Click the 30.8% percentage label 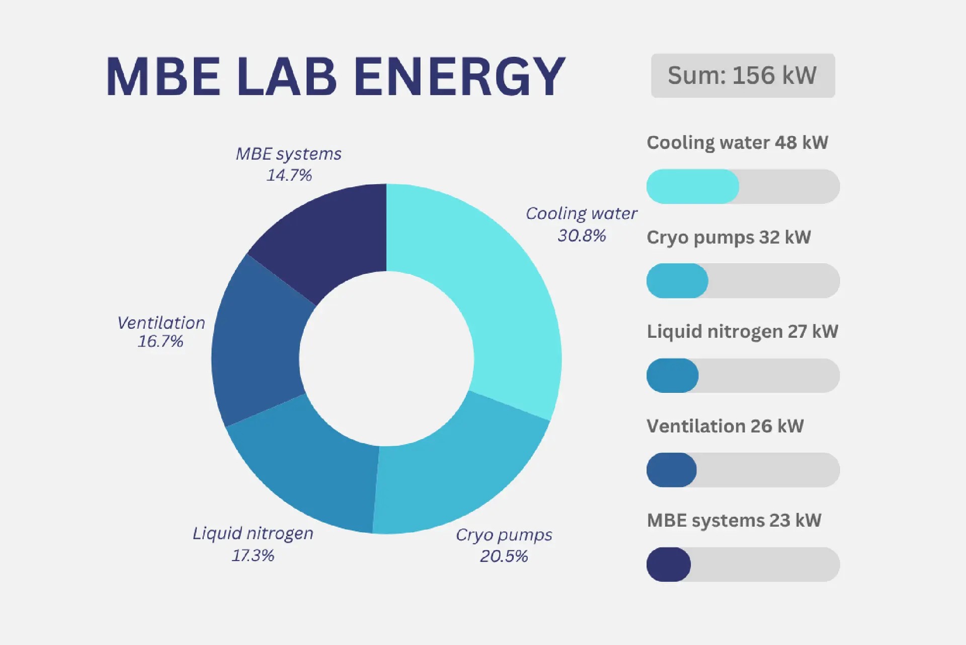click(x=582, y=235)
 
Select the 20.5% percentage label click(x=504, y=556)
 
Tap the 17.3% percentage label click(x=253, y=555)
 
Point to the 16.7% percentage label click(x=160, y=341)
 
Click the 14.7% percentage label click(x=289, y=175)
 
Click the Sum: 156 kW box click(x=743, y=76)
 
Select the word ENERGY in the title click(x=459, y=77)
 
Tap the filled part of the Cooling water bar click(x=693, y=186)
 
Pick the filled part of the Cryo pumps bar click(x=677, y=280)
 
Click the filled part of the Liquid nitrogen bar click(x=673, y=375)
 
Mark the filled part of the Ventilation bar click(x=672, y=470)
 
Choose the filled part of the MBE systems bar click(x=669, y=564)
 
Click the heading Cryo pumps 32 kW click(x=729, y=238)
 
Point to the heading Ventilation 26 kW click(x=725, y=426)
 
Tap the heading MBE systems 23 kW click(x=734, y=521)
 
